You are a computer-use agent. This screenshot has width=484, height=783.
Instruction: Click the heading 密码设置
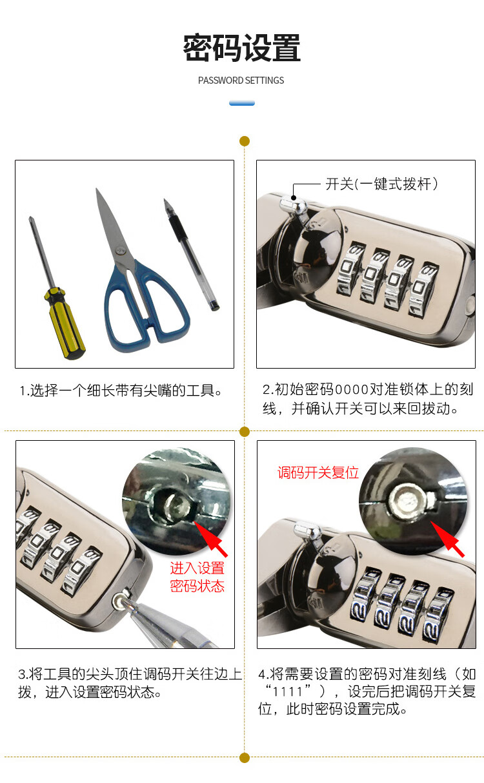tap(241, 48)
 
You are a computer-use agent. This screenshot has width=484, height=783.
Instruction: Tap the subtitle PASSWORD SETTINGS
tap(241, 81)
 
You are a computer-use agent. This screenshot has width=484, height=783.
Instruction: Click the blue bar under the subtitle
tap(242, 102)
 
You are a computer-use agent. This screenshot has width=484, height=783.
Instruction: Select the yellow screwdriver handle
tap(65, 324)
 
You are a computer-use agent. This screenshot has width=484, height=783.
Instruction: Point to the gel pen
tap(191, 255)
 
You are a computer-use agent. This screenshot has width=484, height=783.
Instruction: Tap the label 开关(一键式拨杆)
tap(381, 184)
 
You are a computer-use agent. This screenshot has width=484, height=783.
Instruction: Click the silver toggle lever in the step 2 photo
tap(293, 206)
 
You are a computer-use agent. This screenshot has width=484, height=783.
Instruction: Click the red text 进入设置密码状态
tap(197, 577)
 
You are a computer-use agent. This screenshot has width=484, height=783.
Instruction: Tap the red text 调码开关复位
tap(318, 472)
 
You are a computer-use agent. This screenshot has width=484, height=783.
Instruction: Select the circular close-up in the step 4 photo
tap(413, 501)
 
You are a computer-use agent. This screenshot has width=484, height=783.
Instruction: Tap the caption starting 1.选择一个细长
tap(121, 391)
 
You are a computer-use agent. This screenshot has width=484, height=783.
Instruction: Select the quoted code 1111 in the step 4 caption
tap(288, 691)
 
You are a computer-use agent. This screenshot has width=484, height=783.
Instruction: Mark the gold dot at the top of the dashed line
tap(245, 141)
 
